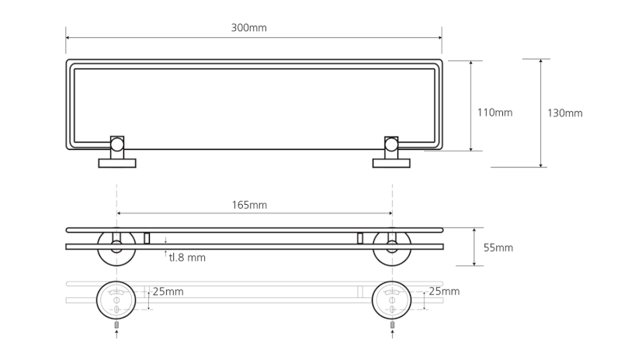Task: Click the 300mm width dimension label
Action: [248, 28]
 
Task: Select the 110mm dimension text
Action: [494, 112]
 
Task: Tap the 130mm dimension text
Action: [564, 112]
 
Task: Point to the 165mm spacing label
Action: [249, 205]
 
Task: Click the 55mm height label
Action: [498, 247]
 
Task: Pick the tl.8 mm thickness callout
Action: [187, 257]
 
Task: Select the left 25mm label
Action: [168, 292]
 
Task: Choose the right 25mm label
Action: [443, 292]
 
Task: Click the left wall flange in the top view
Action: [116, 163]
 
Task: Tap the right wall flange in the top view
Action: [392, 163]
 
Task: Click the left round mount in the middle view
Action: [116, 247]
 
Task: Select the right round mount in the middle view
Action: [392, 247]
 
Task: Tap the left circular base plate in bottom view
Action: [116, 298]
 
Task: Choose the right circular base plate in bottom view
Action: [392, 298]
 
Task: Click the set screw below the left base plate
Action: [116, 324]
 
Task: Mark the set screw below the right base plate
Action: [392, 324]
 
